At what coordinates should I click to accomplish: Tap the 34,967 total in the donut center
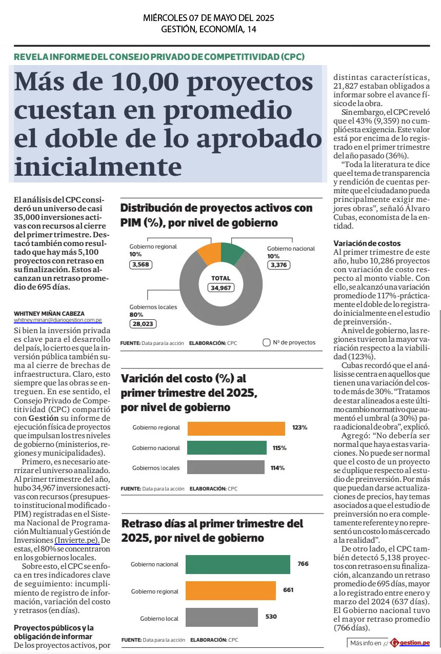[221, 288]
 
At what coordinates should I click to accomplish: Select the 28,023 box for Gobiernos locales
[143, 324]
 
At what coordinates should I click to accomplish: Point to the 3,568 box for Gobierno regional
[141, 264]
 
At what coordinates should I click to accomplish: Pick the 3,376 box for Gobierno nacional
[278, 265]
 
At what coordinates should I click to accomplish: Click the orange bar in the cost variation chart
[236, 428]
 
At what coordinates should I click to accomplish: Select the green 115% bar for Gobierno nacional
[227, 447]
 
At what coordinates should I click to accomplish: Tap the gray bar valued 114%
[226, 467]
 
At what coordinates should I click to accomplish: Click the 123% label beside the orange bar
[299, 427]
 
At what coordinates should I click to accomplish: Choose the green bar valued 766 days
[238, 564]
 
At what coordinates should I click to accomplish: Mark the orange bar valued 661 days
[231, 590]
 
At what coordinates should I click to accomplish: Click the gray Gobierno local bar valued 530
[222, 617]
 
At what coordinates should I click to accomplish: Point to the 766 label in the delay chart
[303, 564]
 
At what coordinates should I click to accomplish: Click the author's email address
[58, 320]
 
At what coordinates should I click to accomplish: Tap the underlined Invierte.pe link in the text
[77, 540]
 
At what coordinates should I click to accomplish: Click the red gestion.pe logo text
[415, 643]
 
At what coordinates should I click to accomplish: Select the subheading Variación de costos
[367, 243]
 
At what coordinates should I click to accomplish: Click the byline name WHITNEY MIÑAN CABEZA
[49, 314]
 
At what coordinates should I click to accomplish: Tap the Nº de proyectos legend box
[266, 342]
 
